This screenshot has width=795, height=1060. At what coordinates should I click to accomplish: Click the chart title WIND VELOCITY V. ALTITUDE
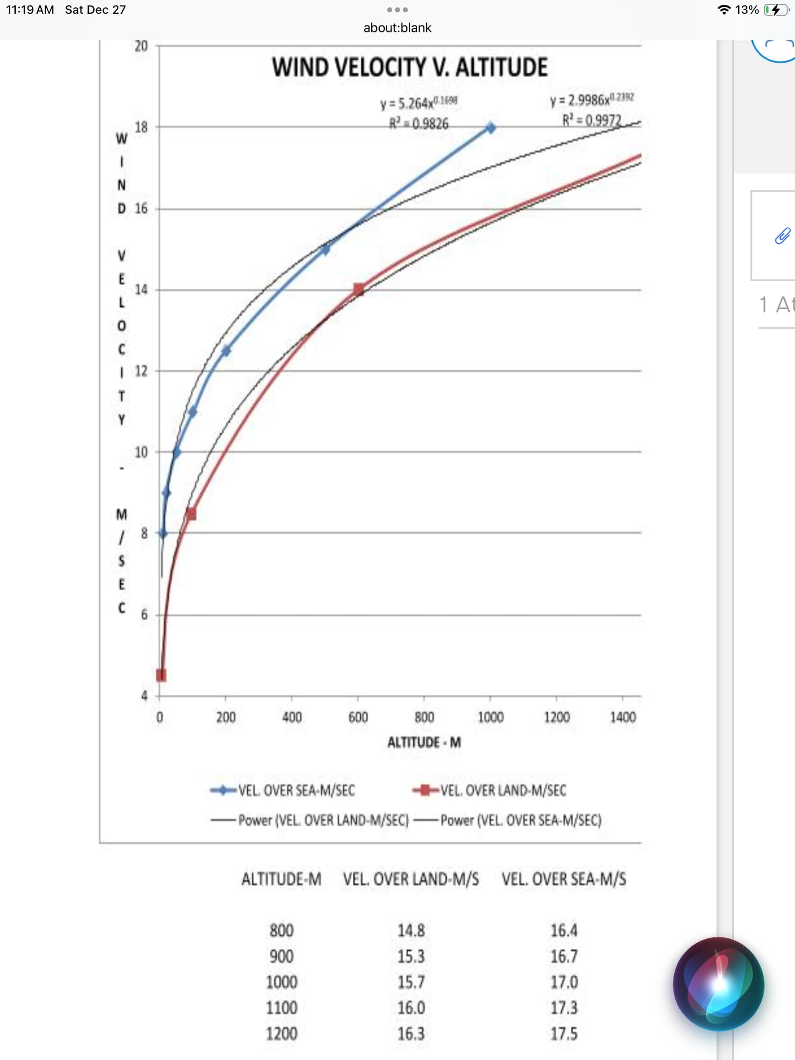[x=410, y=67]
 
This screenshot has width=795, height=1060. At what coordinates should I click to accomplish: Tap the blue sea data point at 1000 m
[x=490, y=128]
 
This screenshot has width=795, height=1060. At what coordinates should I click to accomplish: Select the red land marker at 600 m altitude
[x=359, y=290]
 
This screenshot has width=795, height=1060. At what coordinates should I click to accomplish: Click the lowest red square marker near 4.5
[x=161, y=675]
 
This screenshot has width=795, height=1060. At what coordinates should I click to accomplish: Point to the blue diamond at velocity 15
[x=324, y=250]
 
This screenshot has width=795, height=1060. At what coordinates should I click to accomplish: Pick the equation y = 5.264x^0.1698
[x=419, y=103]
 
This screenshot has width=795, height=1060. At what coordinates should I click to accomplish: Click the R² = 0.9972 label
[x=591, y=120]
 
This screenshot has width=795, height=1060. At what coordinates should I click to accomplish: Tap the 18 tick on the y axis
[x=141, y=128]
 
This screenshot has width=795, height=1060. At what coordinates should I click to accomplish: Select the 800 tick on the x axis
[x=424, y=717]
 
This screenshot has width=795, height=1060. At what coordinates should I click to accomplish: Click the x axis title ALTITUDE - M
[x=424, y=742]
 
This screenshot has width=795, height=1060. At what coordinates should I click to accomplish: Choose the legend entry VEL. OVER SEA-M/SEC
[x=296, y=791]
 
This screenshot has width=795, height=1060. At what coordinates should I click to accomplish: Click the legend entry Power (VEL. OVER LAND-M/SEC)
[x=323, y=821]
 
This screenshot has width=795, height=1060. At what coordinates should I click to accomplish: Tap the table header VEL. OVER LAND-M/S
[x=411, y=879]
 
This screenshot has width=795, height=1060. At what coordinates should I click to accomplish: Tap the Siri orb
[x=718, y=984]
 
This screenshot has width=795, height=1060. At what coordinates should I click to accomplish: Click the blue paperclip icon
[x=782, y=236]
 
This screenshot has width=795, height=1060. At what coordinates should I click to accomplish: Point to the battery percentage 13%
[x=746, y=10]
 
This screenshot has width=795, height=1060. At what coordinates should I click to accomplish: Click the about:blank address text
[x=397, y=28]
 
